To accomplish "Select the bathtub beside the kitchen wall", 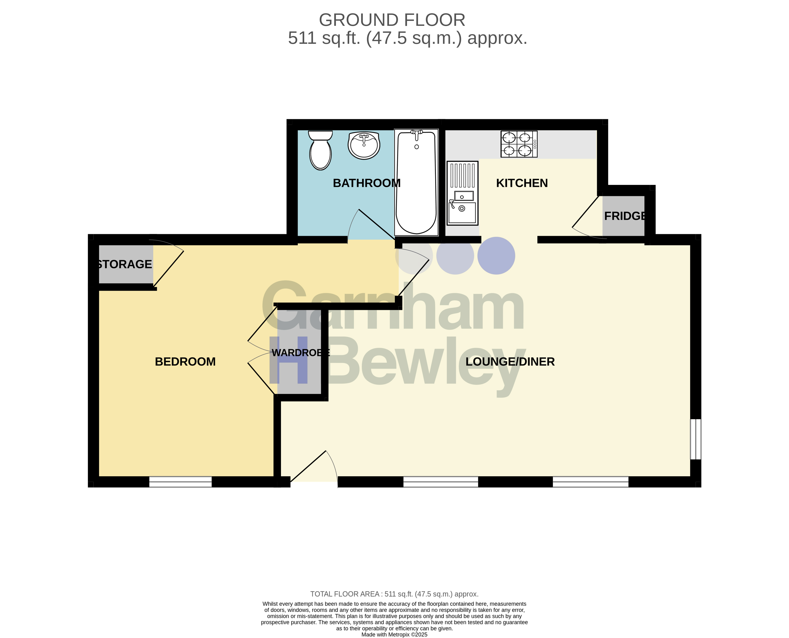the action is pyautogui.click(x=416, y=182).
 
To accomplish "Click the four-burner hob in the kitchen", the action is pyautogui.click(x=519, y=144).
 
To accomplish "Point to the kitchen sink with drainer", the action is pyautogui.click(x=463, y=193).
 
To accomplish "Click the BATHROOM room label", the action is pyautogui.click(x=366, y=183).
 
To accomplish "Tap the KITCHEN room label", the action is pyautogui.click(x=522, y=183).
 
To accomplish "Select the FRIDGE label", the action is pyautogui.click(x=625, y=216).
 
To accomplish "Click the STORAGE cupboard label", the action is pyautogui.click(x=124, y=264).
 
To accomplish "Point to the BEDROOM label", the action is pyautogui.click(x=185, y=362).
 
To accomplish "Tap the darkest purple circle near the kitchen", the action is pyautogui.click(x=496, y=256).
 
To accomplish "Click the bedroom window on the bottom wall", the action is pyautogui.click(x=180, y=482).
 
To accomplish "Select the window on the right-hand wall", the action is pyautogui.click(x=696, y=439).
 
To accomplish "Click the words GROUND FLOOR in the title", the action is pyautogui.click(x=392, y=20).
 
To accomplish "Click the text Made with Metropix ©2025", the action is pyautogui.click(x=394, y=635).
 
